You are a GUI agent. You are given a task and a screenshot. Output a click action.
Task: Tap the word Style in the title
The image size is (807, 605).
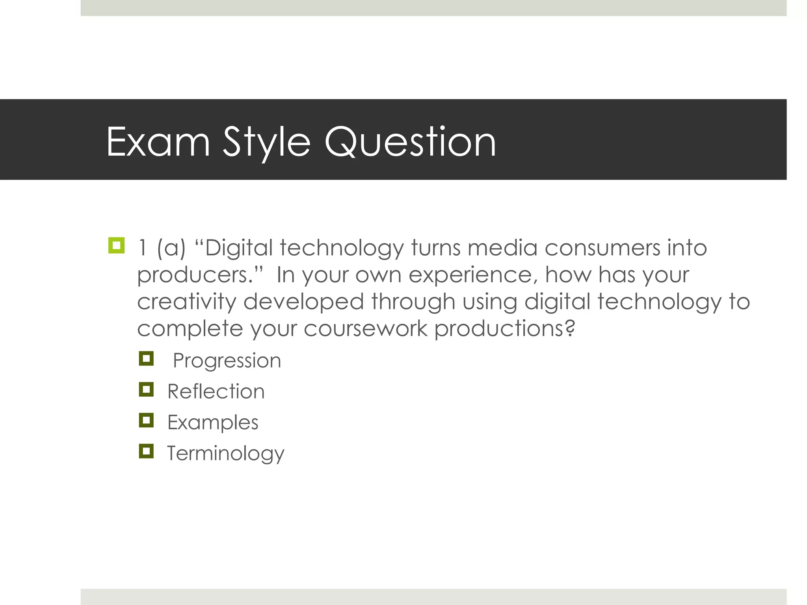[x=267, y=143]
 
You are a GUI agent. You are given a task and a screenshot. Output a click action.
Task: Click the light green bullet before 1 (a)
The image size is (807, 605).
[x=116, y=245]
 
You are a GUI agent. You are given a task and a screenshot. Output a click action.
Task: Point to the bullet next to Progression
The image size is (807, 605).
[x=146, y=358]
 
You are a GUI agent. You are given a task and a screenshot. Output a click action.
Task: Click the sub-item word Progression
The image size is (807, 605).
[x=227, y=361]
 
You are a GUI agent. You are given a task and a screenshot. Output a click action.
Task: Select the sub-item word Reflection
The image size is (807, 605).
[x=216, y=392]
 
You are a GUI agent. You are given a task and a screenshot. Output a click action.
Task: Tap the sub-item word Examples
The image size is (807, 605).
[x=213, y=422]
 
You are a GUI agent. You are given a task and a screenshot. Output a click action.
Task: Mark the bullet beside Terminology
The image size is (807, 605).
[x=146, y=451]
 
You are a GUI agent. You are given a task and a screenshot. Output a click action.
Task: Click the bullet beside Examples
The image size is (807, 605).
[x=146, y=420]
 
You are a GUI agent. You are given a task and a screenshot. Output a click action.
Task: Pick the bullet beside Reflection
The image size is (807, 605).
[x=146, y=390]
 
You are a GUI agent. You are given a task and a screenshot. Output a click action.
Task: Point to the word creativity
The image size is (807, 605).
[x=186, y=302]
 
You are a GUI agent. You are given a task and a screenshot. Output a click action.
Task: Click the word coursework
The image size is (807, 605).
[x=365, y=328]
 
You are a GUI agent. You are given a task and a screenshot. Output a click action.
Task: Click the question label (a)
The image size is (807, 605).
[x=171, y=249]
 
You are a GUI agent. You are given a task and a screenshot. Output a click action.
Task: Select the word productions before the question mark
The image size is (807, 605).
[x=500, y=329]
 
